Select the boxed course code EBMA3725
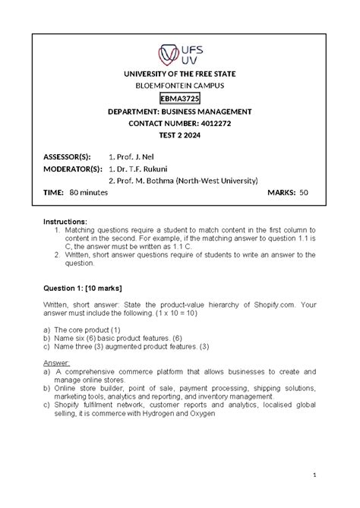point(180,99)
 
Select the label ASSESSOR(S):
point(67,156)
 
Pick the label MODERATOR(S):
point(71,169)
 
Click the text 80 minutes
point(88,193)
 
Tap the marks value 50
point(304,193)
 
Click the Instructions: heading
point(70,221)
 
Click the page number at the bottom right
point(313,475)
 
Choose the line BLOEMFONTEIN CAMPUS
point(180,86)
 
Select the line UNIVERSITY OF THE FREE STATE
point(180,74)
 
